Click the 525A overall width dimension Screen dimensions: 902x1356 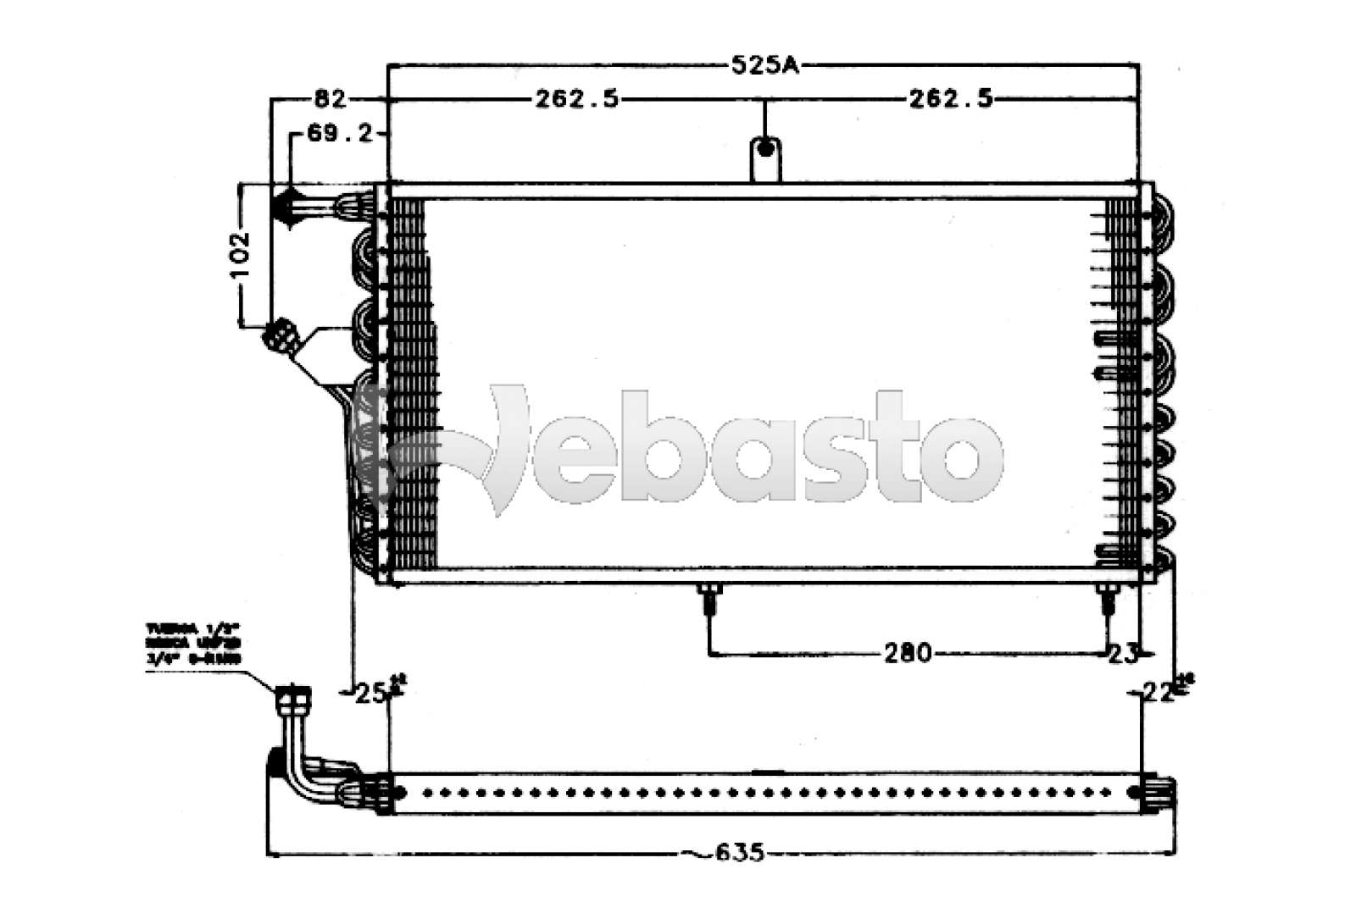click(x=764, y=64)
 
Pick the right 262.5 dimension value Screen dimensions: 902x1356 click(x=950, y=100)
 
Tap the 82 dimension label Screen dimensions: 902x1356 click(x=330, y=100)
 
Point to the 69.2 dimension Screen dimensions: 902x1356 click(x=338, y=134)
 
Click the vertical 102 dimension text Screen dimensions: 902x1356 click(x=241, y=254)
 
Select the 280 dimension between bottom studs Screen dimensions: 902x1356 click(x=907, y=653)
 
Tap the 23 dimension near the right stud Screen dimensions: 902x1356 click(x=1124, y=653)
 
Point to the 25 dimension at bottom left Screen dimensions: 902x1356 click(x=370, y=693)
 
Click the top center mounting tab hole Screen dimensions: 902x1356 click(x=765, y=150)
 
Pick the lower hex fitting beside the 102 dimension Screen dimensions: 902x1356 click(x=279, y=335)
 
